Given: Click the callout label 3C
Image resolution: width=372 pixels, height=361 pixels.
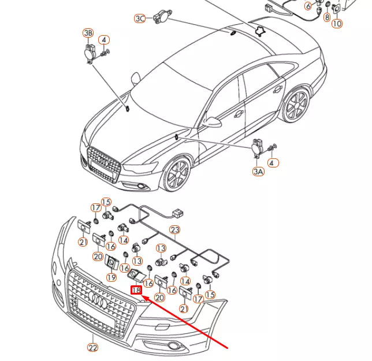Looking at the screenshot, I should click(140, 18).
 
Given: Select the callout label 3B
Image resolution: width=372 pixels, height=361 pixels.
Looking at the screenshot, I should click(88, 33).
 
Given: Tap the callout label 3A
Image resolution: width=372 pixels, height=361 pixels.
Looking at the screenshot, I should click(257, 172).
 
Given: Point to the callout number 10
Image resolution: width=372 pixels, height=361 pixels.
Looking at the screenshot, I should click(336, 24).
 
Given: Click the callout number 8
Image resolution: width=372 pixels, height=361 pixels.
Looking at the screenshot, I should click(327, 18).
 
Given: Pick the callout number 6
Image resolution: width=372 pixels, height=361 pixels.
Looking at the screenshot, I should click(308, 6).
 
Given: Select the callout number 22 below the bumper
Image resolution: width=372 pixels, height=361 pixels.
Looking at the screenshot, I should click(93, 347).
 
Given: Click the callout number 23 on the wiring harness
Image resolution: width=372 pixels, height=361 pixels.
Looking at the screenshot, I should click(175, 230).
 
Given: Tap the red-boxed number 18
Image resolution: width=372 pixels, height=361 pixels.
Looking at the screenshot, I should click(136, 291).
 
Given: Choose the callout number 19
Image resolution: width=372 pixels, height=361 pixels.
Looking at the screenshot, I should click(111, 277).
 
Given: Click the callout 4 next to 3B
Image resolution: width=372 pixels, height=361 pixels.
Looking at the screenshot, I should click(103, 40).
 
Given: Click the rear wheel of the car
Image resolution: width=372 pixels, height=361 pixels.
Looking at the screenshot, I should click(297, 106).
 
